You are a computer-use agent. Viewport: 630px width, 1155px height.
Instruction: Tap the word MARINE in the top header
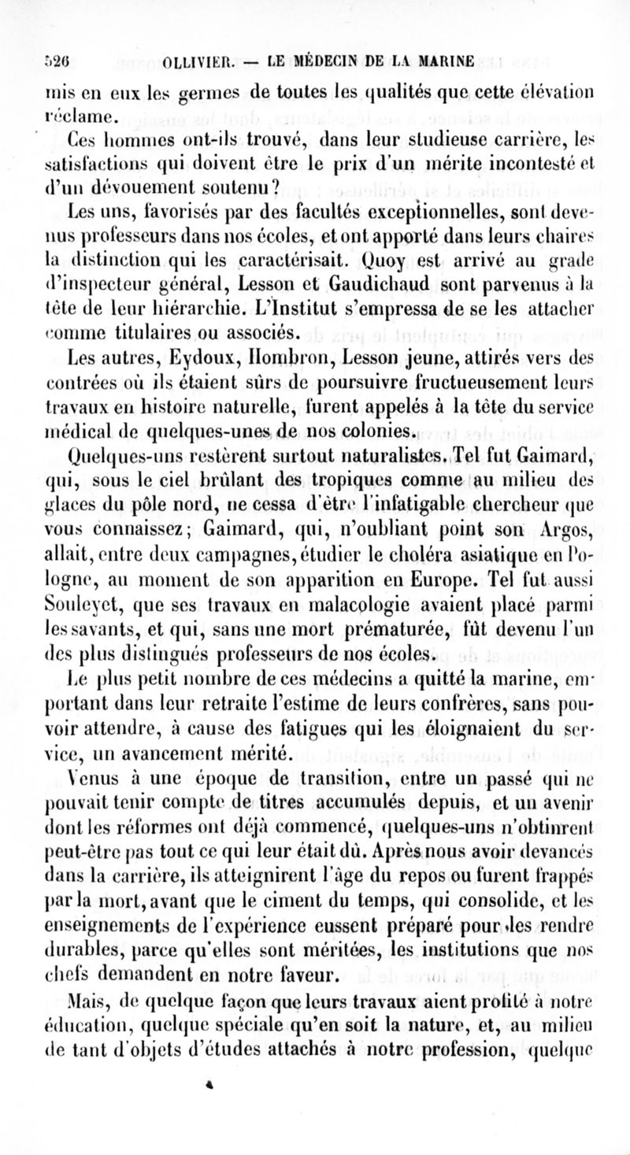click(451, 61)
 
